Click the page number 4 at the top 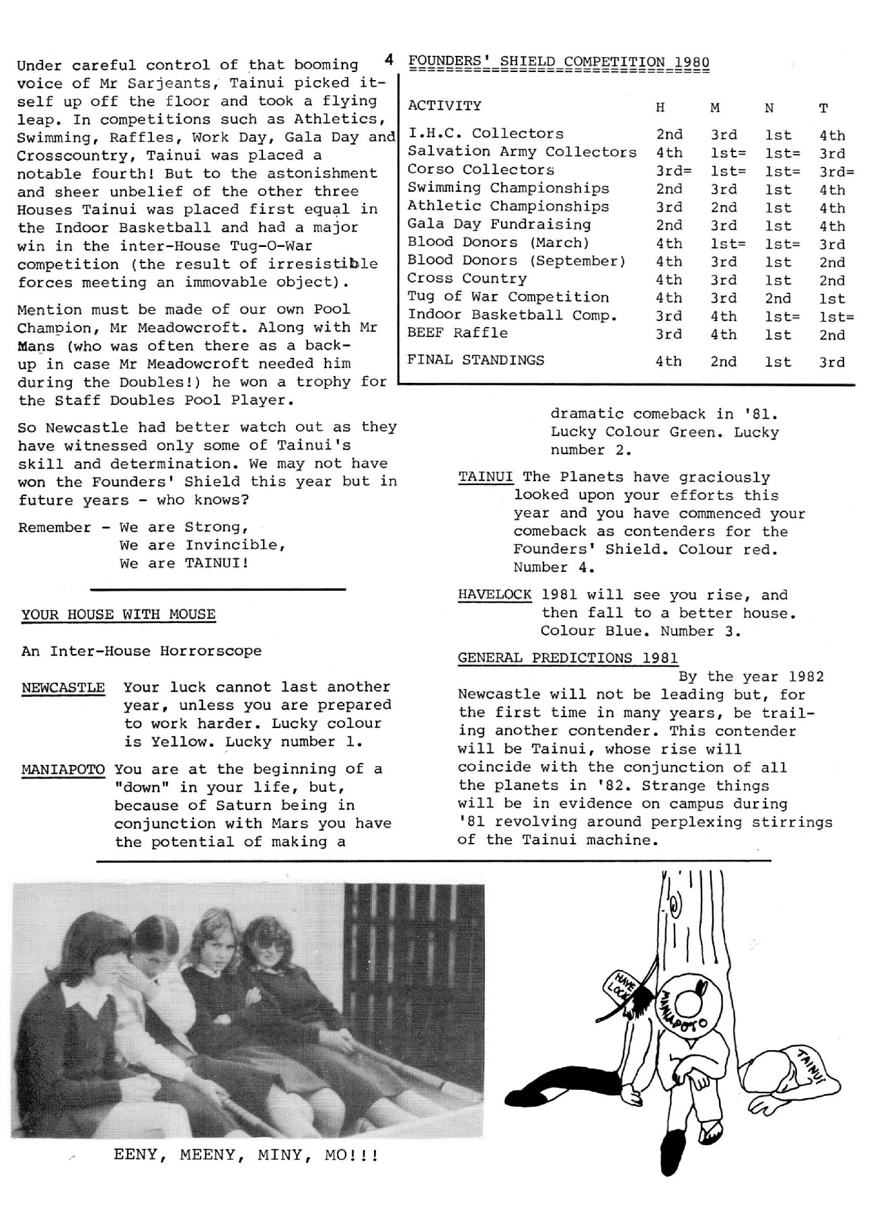tap(389, 60)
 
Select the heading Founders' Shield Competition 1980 tap(558, 63)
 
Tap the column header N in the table tap(769, 108)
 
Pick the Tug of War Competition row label tap(508, 297)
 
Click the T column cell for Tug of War tap(831, 299)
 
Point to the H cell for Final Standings tap(669, 362)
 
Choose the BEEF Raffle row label tap(457, 333)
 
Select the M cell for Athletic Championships tap(723, 208)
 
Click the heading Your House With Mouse tap(118, 614)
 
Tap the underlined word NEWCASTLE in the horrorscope tap(63, 688)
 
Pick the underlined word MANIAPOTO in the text tap(63, 769)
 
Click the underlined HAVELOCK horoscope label tap(494, 595)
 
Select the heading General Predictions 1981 tap(568, 658)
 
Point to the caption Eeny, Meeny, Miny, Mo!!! tap(246, 1155)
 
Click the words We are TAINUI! tap(184, 563)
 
